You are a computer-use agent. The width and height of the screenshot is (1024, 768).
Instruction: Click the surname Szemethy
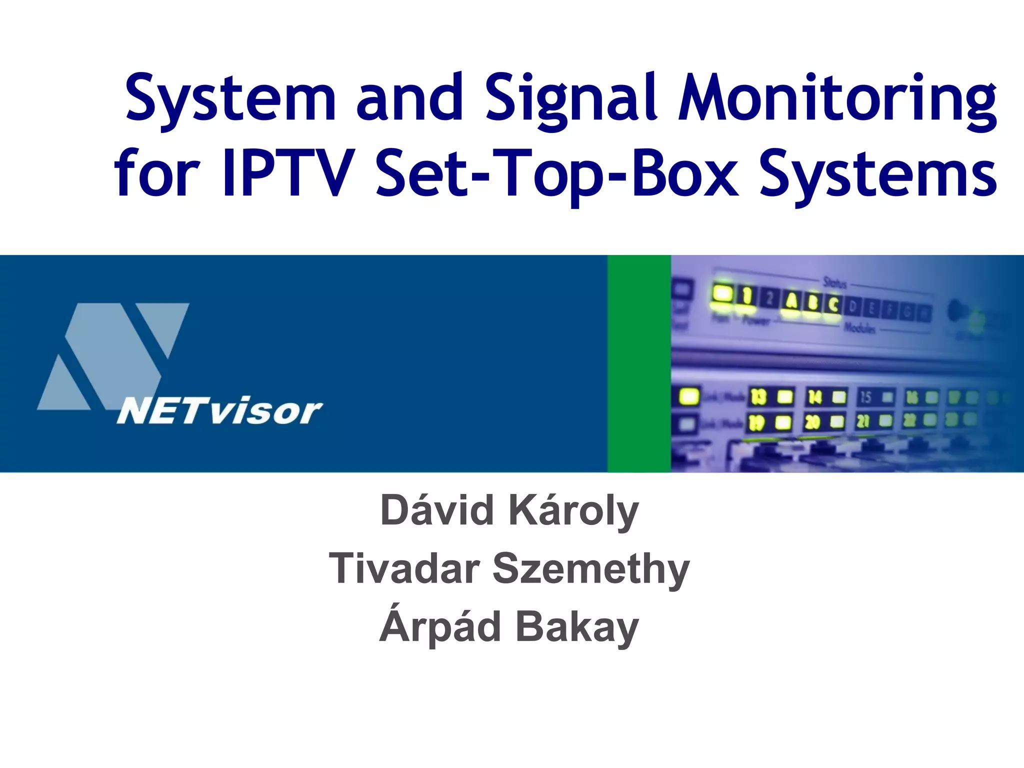[591, 569]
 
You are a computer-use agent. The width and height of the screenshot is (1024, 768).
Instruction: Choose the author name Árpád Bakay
[509, 627]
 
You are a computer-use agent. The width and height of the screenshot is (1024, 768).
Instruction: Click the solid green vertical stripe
[639, 363]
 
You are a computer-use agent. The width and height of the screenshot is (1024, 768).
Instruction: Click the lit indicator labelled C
[833, 303]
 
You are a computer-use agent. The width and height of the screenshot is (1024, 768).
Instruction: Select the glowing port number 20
[812, 422]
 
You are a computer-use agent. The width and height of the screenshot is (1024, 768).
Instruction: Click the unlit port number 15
[865, 397]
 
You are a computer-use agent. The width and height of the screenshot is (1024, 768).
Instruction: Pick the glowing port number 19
[756, 423]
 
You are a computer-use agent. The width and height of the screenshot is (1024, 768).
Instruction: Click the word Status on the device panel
[835, 282]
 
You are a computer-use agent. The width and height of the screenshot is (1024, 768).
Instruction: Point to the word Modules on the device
[860, 328]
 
